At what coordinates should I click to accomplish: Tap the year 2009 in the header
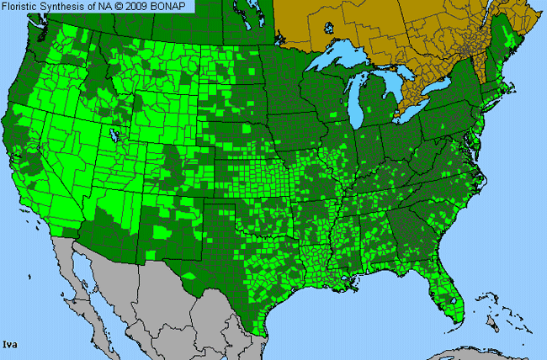pos(138,7)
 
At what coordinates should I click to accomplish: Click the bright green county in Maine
pos(506,35)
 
